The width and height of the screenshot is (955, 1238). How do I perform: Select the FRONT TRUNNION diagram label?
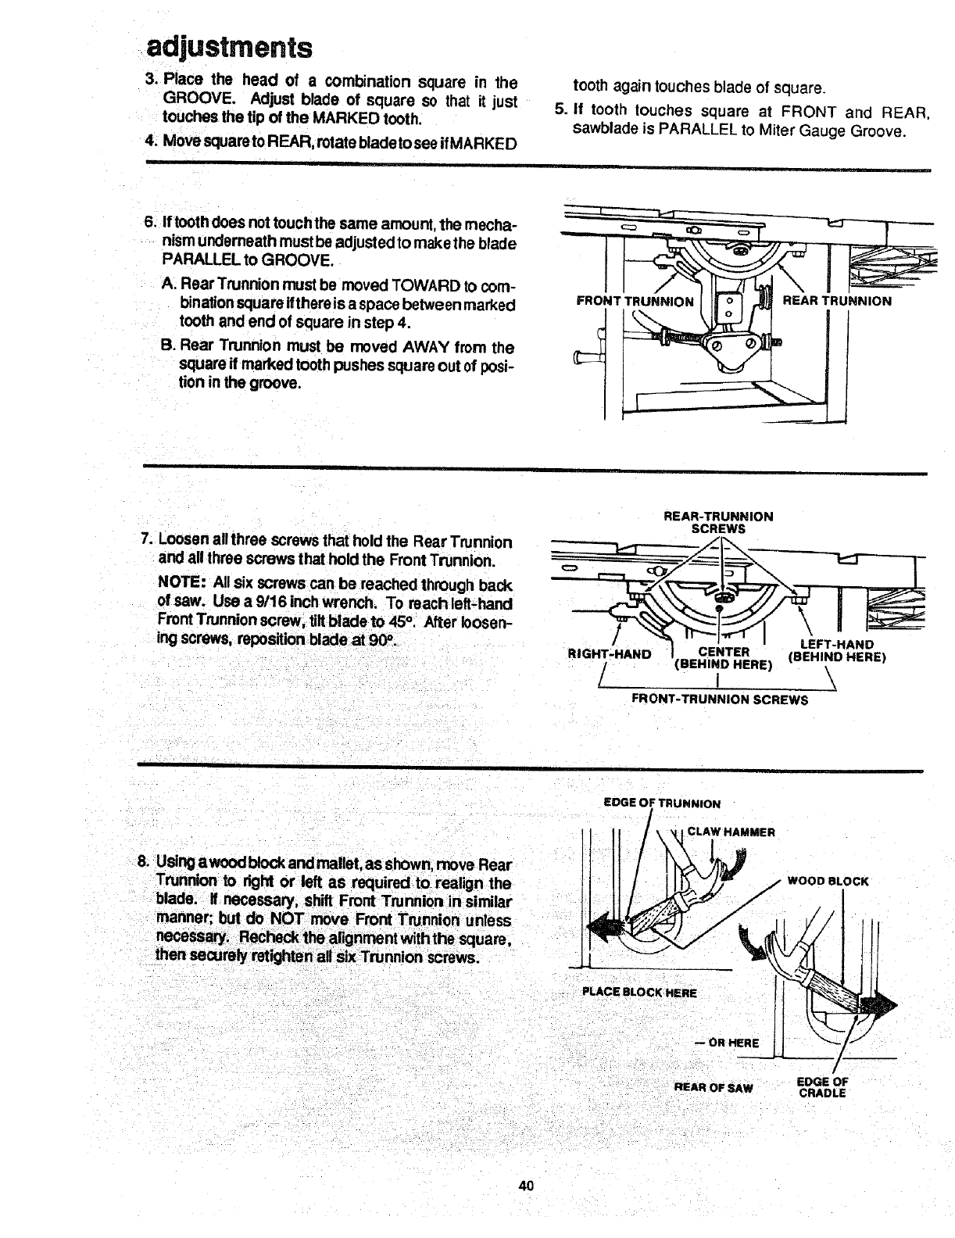coord(634,302)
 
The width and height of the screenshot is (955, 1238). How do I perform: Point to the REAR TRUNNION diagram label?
coord(836,301)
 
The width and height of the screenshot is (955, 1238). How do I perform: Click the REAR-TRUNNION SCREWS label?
coord(718,522)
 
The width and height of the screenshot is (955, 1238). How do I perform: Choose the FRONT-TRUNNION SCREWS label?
coord(719,700)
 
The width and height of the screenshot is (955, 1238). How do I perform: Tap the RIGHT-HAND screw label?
coord(610,653)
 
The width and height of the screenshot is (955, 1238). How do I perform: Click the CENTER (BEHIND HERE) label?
coord(723,659)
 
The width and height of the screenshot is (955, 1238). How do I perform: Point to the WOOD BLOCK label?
coord(828,881)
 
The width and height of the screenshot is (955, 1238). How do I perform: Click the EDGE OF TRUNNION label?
coord(663,803)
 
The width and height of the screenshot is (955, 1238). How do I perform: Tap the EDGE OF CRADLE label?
coord(822,1087)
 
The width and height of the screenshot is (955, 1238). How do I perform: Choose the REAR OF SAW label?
coord(713,1087)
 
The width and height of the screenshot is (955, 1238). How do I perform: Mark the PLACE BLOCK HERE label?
coord(639,993)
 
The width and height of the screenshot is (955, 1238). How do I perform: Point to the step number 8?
coord(142,862)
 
